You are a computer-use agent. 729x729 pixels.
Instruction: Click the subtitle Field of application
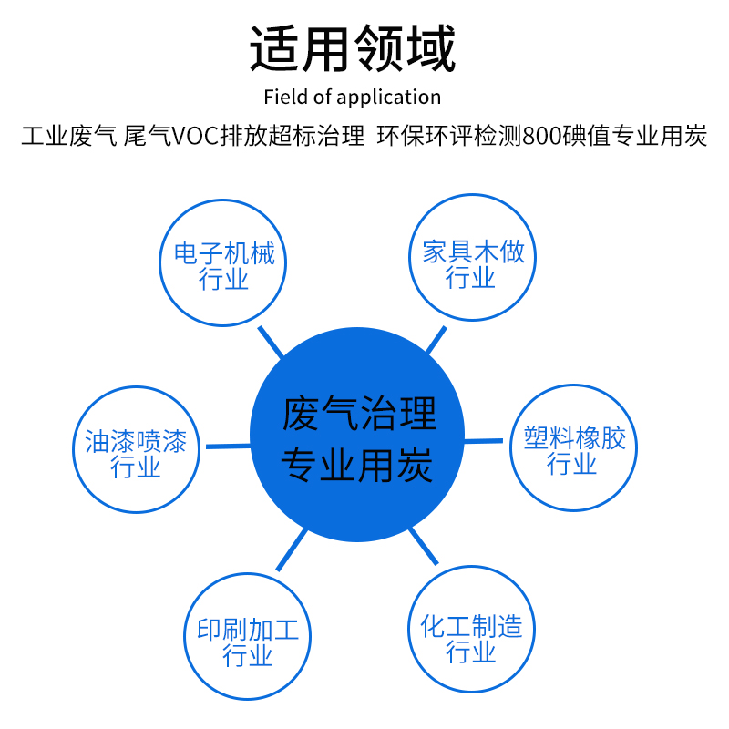click(352, 98)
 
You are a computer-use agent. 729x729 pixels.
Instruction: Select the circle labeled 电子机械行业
click(224, 264)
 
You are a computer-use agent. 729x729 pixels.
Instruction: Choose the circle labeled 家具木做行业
click(472, 263)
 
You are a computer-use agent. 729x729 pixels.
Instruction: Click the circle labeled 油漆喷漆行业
click(135, 453)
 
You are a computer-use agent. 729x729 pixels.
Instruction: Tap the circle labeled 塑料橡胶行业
click(573, 448)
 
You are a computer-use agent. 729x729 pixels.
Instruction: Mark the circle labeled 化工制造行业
click(471, 638)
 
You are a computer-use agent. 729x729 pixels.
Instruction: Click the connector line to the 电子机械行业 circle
click(270, 342)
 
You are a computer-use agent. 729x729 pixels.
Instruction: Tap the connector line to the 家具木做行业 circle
click(436, 340)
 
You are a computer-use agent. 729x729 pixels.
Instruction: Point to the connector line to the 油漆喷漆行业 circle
click(228, 446)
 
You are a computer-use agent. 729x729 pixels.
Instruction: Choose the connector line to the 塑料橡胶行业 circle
click(484, 441)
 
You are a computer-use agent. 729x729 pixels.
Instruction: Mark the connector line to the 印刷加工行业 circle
click(291, 549)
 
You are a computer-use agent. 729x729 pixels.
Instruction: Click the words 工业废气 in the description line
click(68, 138)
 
